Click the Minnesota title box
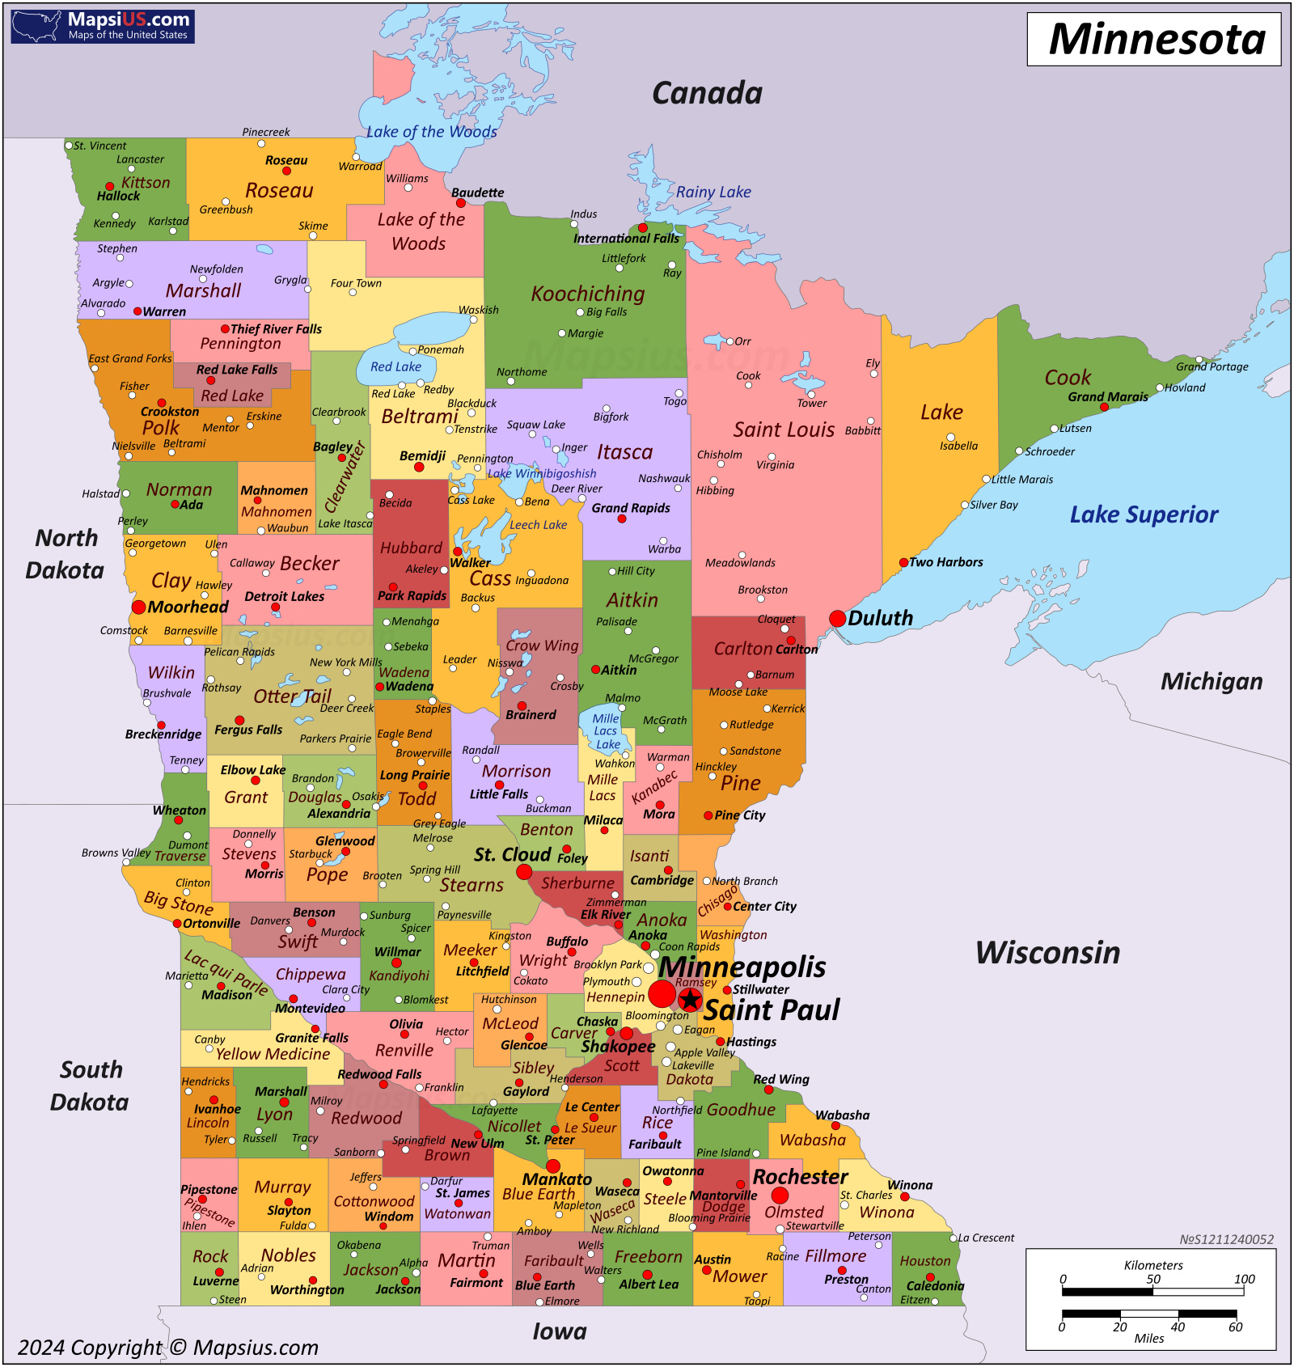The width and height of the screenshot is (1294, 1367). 1154,39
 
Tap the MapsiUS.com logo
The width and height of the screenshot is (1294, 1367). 103,26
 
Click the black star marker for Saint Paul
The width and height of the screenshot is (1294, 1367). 690,1000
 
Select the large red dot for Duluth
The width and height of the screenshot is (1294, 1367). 838,619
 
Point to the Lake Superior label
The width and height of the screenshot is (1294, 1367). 1144,514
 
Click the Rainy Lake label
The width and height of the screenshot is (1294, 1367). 713,192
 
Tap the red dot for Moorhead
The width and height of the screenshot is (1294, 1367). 139,607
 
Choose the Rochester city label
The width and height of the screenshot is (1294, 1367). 801,1177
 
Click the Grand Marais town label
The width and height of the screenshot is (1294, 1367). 1108,396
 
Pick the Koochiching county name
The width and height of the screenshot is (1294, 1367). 588,294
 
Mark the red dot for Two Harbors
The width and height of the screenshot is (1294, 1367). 904,562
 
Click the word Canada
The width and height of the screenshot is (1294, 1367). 707,93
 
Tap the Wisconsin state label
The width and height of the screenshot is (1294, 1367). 1048,953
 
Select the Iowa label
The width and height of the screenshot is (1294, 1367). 560,1331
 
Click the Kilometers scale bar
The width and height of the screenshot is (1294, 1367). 1153,1292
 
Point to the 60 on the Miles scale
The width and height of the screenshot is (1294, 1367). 1236,1327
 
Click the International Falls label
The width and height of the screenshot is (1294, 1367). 627,239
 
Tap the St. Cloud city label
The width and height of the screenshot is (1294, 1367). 512,854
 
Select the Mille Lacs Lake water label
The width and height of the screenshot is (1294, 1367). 606,731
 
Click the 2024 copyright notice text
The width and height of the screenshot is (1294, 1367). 168,1348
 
